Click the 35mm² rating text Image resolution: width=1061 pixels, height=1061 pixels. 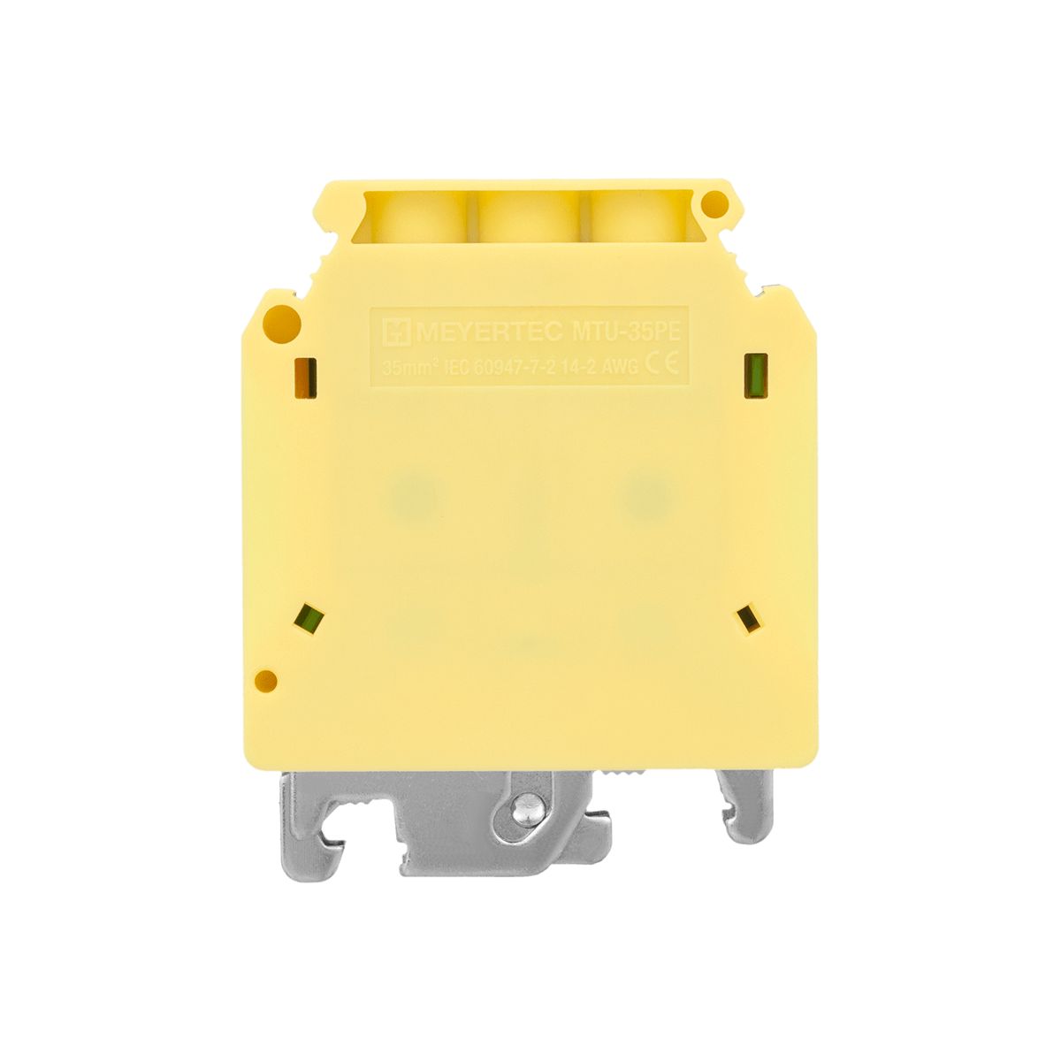(409, 367)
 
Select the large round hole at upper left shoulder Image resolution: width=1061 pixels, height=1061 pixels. (281, 319)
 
